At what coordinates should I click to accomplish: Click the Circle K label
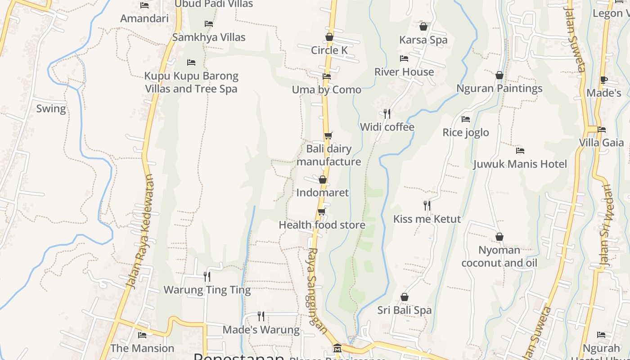[x=329, y=50]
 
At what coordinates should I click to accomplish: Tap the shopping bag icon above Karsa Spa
[x=423, y=27]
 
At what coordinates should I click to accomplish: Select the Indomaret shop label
[x=322, y=193]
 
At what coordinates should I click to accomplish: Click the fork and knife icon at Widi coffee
[x=387, y=113]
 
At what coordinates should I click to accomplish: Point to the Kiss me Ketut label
[x=427, y=219]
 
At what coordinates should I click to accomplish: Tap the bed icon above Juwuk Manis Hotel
[x=520, y=150]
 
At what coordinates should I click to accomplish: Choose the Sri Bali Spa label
[x=404, y=310]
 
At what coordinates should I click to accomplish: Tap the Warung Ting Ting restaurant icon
[x=207, y=276]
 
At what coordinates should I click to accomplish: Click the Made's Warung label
[x=261, y=330]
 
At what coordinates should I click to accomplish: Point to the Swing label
[x=51, y=108]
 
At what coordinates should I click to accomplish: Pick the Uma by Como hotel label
[x=327, y=90]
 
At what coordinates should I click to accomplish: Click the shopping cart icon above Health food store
[x=321, y=211]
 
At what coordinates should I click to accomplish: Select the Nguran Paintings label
[x=499, y=88]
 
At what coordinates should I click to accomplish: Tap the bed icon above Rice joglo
[x=466, y=119]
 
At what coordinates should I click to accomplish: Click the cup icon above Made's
[x=604, y=80]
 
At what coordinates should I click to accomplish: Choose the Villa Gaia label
[x=601, y=143]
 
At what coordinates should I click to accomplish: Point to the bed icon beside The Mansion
[x=142, y=335]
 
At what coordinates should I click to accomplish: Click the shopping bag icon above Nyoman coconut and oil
[x=499, y=237]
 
